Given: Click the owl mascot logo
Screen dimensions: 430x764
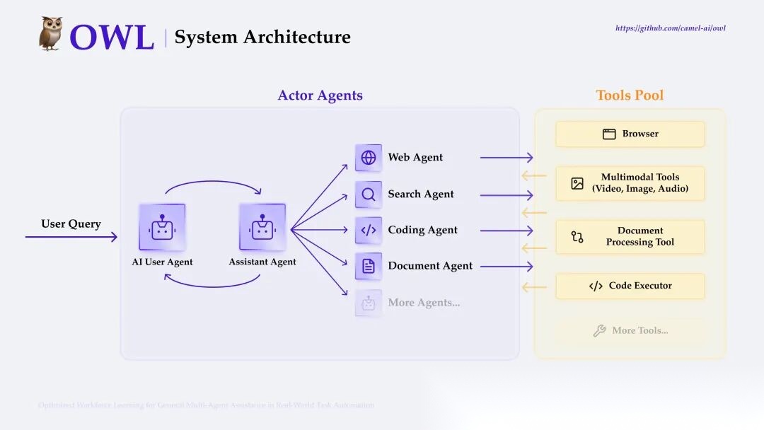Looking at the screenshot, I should [x=51, y=34].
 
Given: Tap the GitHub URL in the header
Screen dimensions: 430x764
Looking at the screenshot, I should [x=670, y=28].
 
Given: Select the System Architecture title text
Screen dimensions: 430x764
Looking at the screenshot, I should [x=262, y=37].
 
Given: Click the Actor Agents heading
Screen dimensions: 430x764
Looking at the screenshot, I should [x=320, y=95].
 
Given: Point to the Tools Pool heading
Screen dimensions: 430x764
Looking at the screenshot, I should [x=630, y=95].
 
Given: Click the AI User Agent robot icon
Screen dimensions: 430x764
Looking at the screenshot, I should [x=162, y=227].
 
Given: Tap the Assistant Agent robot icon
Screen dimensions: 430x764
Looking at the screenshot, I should [x=262, y=227].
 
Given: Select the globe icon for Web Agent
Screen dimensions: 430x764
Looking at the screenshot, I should [x=369, y=158].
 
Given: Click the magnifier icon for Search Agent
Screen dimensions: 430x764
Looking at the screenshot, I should [x=369, y=194].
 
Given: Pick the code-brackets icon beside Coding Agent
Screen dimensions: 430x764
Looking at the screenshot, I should [x=369, y=230].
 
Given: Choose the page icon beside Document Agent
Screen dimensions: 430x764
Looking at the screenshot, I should [x=369, y=266].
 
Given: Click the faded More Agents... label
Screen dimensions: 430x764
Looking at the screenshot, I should [x=424, y=303].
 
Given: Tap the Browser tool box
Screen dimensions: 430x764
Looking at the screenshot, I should [x=630, y=134].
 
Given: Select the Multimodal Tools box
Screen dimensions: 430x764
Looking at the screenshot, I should [x=630, y=183].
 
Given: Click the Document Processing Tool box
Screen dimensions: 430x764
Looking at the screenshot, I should [x=630, y=236].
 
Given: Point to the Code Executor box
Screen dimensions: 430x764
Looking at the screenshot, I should [x=630, y=286].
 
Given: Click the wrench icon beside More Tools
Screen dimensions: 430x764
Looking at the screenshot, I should [x=599, y=330].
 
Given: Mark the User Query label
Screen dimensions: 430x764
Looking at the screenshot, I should [x=71, y=224].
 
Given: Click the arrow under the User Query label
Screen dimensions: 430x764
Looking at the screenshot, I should [x=71, y=237].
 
